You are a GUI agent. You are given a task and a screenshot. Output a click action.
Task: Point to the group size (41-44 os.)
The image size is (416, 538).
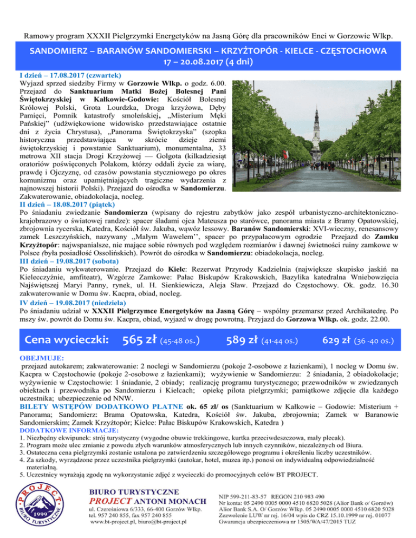tap(279, 342)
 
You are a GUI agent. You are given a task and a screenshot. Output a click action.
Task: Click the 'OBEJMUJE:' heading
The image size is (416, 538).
tap(41, 358)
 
